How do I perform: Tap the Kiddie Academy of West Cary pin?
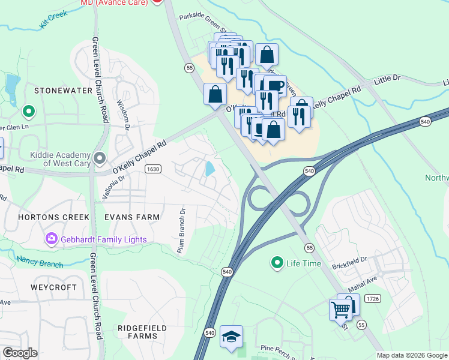[100, 158]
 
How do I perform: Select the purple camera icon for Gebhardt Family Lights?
[51, 239]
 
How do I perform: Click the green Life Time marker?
[277, 263]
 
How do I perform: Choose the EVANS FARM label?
[132, 217]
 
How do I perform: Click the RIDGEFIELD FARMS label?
[137, 332]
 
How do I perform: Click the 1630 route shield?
[153, 169]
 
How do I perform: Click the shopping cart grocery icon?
[341, 310]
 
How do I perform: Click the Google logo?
[20, 353]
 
